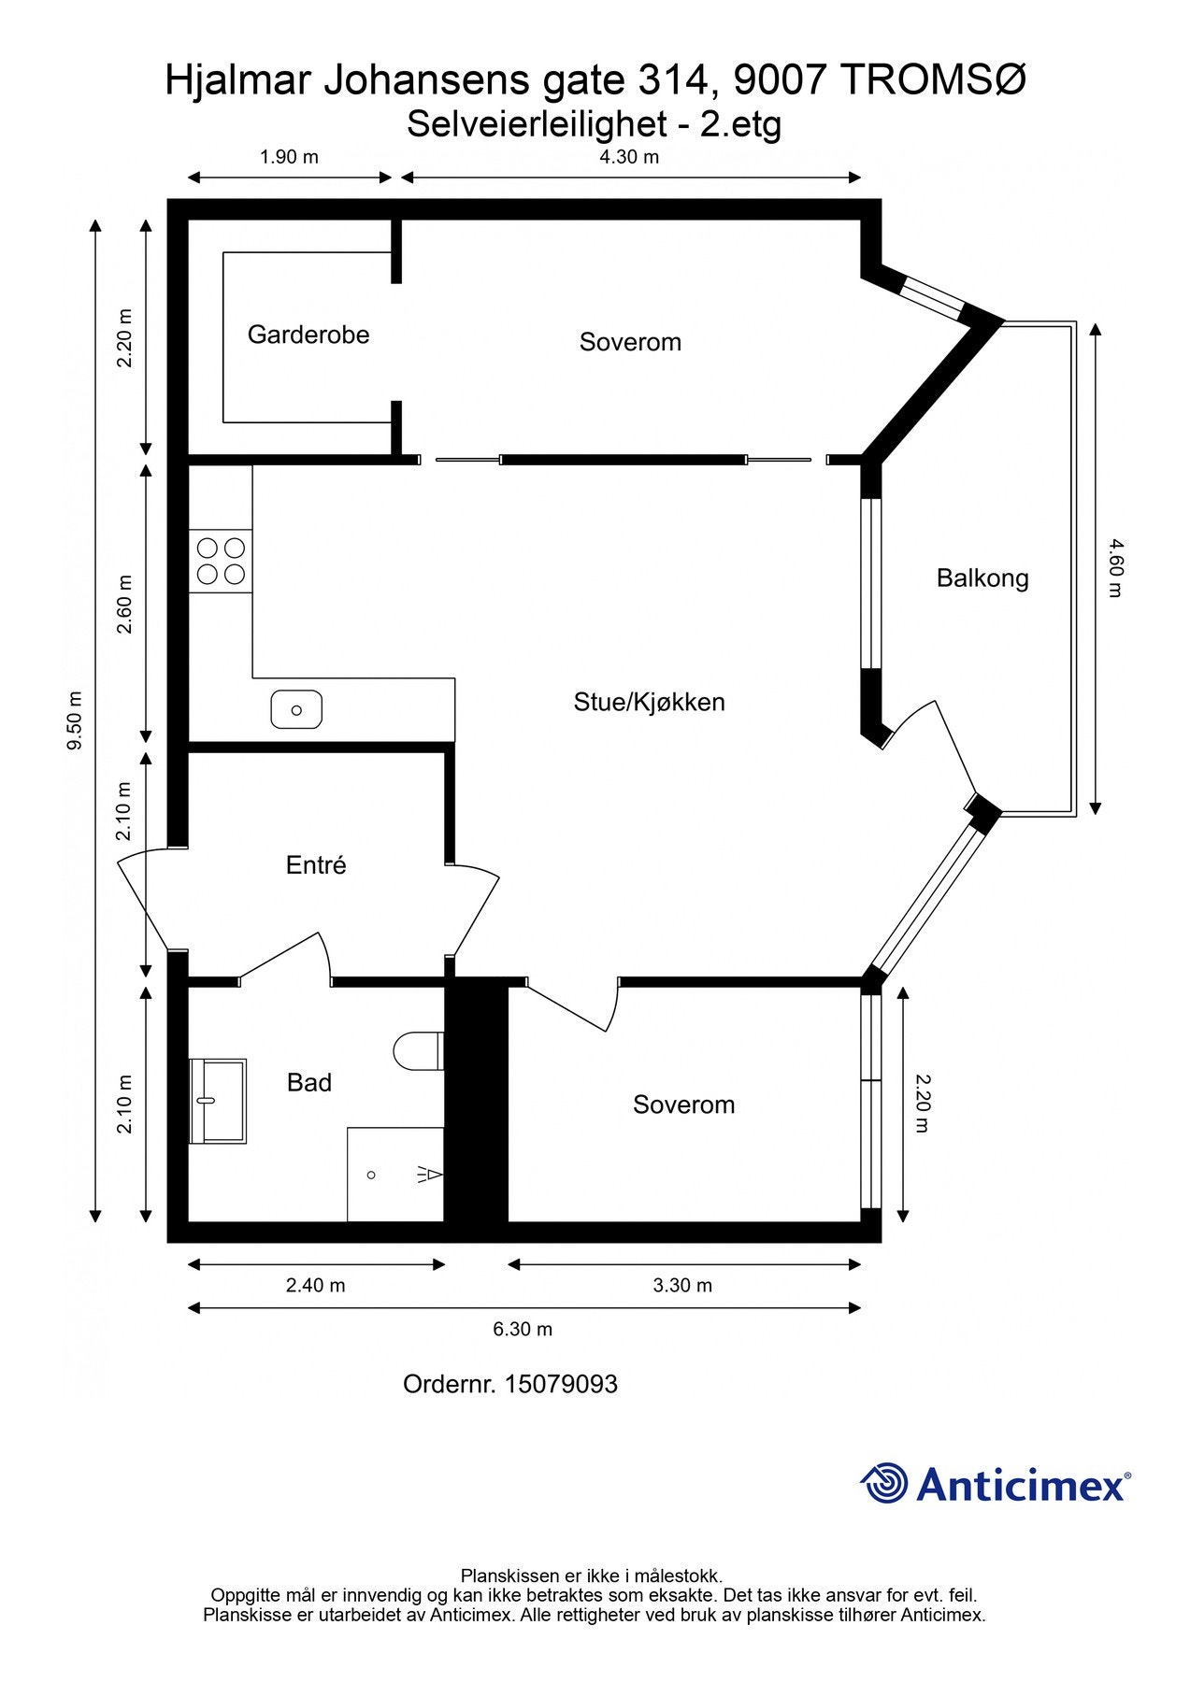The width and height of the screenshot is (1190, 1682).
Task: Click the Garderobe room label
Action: coord(308,335)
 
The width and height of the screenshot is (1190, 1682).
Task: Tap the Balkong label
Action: coord(982,578)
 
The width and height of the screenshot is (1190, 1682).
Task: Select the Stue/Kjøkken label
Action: coord(649,702)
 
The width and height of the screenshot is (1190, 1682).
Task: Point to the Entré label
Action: coord(316,865)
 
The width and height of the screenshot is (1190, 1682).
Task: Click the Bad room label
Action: coord(309,1082)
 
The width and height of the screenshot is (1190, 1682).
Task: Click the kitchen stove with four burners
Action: coord(221,561)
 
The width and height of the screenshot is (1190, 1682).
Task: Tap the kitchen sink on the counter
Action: coord(296,710)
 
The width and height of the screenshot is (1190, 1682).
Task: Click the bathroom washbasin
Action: coord(218,1101)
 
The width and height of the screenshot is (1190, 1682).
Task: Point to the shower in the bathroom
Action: coord(395,1175)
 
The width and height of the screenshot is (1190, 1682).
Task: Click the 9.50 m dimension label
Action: coord(75,720)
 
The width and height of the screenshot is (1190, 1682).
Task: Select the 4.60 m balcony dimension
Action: coord(1114,567)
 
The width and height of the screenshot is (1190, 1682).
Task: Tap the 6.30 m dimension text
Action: coord(523,1329)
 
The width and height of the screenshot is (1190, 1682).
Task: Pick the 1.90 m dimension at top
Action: coord(289,157)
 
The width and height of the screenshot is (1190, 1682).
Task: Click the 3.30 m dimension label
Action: coord(682,1286)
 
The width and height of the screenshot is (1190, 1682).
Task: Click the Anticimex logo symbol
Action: coord(884,1483)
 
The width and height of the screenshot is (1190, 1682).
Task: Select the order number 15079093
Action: coord(561,1384)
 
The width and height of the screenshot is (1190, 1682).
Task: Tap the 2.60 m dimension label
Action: coord(124,604)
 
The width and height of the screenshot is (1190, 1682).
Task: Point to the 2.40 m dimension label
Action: coord(316,1286)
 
